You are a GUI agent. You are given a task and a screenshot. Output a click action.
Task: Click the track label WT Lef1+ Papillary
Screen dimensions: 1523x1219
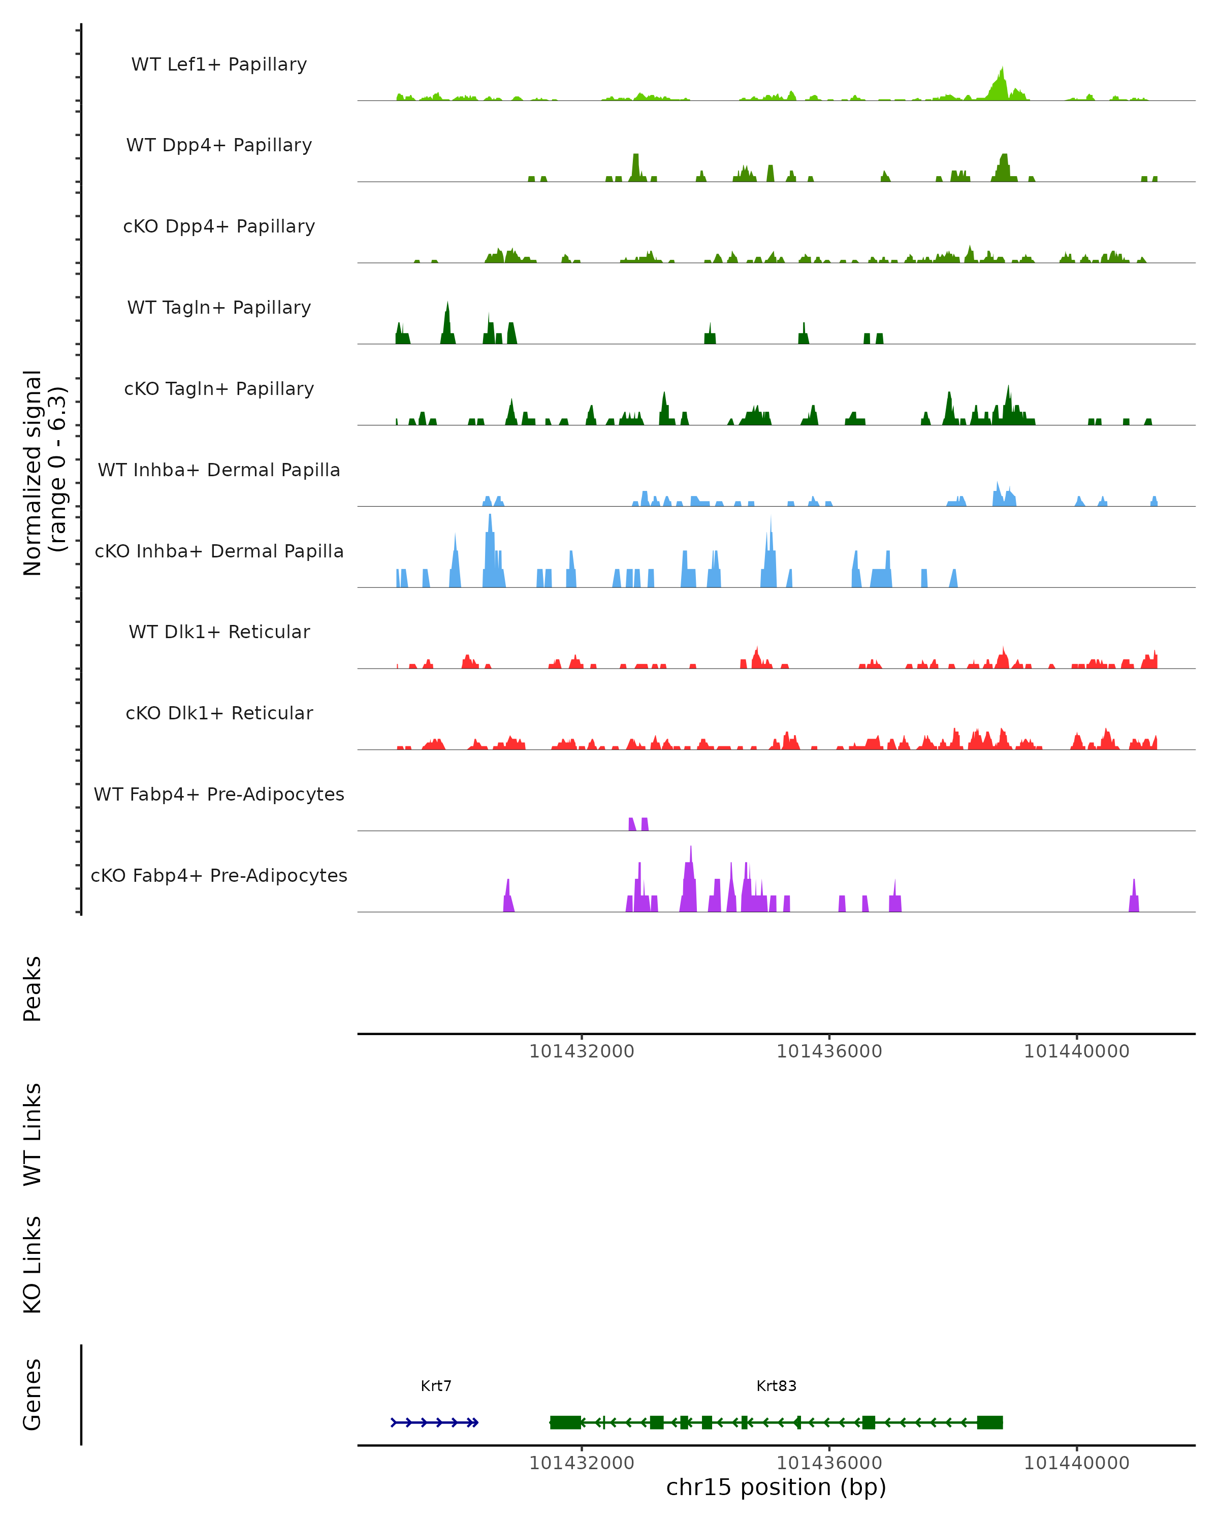coord(219,64)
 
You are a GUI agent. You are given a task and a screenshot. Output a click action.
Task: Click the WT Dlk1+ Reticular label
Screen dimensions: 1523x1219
coord(219,632)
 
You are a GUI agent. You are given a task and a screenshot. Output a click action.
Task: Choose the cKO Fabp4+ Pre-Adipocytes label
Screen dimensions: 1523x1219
coord(219,875)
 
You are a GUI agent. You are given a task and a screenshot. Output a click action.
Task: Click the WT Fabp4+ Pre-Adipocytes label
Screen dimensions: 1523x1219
coord(219,794)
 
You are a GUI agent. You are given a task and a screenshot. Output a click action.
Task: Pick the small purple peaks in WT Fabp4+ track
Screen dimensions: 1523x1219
coord(638,823)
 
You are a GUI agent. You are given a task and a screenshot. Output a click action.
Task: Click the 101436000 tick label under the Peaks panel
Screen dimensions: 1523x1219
coord(829,1052)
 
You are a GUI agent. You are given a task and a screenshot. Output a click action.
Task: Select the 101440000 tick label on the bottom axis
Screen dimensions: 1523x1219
coord(1076,1463)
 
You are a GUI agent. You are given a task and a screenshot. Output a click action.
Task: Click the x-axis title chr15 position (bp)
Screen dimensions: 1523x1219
coord(776,1487)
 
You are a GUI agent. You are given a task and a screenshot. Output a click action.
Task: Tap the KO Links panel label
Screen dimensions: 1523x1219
coord(33,1265)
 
